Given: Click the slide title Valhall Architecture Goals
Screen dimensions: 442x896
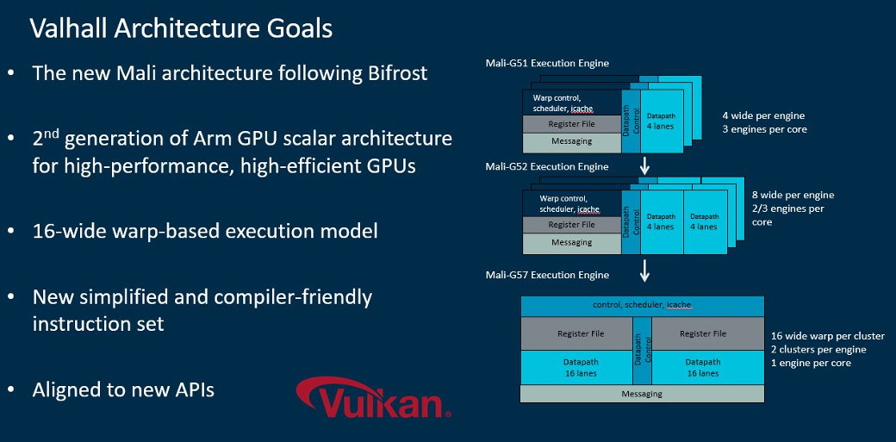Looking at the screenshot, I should coord(181,28).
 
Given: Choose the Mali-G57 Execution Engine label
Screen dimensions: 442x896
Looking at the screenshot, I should coord(547,275).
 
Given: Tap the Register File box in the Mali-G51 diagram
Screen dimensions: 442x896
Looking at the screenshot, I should coord(571,123).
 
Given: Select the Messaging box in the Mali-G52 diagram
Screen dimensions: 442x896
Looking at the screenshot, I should coord(571,242).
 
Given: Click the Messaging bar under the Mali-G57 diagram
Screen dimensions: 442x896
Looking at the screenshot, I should coord(642,394).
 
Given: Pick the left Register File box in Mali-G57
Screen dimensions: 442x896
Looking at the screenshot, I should coord(580,333).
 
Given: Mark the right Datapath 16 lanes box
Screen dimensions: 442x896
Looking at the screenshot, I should coord(702,368).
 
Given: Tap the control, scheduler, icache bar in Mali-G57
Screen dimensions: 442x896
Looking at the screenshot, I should coord(642,305).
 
